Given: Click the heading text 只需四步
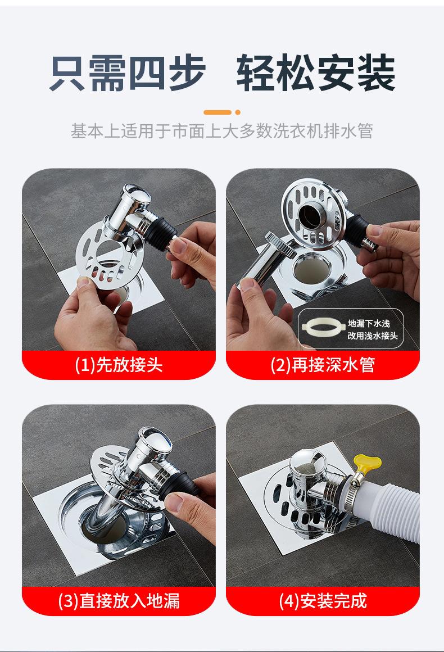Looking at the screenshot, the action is click(128, 73).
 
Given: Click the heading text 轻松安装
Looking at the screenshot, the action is click(316, 73).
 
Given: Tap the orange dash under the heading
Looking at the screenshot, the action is click(217, 112).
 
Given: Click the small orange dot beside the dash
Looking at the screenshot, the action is click(238, 112).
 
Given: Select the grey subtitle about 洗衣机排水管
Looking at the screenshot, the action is click(221, 131).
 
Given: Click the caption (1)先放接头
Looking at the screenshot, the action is click(119, 365).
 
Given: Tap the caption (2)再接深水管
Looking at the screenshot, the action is click(323, 365).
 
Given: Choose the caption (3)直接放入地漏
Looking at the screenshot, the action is click(119, 601).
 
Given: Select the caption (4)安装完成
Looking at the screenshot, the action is click(323, 601).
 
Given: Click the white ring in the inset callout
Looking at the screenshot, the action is click(323, 328).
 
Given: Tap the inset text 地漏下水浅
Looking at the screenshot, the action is click(369, 324).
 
